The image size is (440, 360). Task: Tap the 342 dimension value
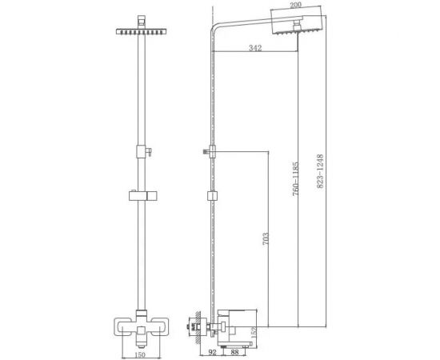click(x=255, y=50)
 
